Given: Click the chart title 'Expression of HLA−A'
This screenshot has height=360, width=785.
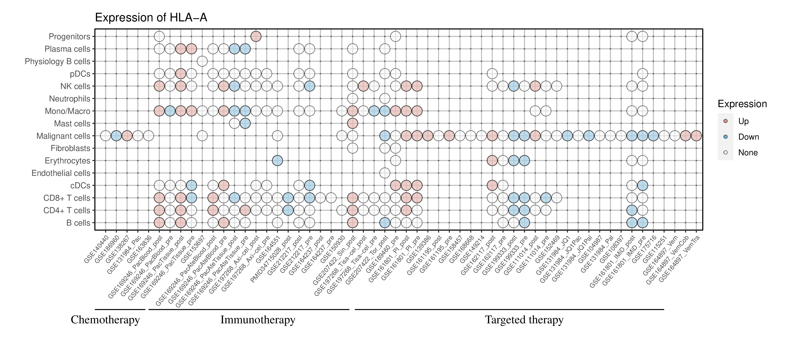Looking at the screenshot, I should tap(151, 18).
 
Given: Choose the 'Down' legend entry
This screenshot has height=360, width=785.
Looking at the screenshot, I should tap(748, 137).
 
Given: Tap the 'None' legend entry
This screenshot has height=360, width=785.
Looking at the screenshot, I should tap(747, 153).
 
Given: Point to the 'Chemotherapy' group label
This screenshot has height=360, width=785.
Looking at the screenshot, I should tap(105, 320).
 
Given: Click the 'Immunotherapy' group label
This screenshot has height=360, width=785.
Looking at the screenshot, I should tap(258, 320).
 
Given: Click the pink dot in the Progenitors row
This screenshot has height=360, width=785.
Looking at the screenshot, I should tap(256, 37).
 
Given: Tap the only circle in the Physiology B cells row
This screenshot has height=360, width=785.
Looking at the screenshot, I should tap(202, 61).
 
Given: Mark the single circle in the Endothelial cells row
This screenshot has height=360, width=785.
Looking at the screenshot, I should tap(385, 173).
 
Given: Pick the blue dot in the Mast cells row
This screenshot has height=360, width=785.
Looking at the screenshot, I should tap(245, 123).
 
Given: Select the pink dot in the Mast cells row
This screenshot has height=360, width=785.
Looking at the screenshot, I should tap(352, 123).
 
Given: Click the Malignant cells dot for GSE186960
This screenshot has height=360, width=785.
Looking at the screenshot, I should tap(116, 136).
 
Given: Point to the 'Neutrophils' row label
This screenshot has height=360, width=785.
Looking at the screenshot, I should tap(70, 99).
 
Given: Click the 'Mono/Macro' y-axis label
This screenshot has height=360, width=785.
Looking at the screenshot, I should tap(67, 111).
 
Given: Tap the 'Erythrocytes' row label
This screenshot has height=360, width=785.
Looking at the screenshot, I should tap(67, 161).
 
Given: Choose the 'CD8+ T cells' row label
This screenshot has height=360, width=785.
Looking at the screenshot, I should tap(67, 198).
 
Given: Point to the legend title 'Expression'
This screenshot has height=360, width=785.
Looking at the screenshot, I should tap(742, 104).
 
